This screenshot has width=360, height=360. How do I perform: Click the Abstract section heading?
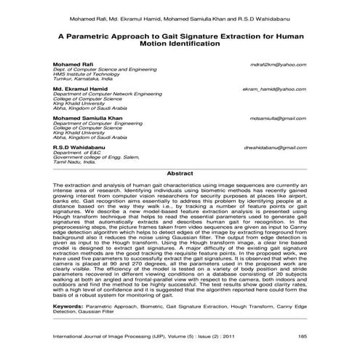[x=180, y=174]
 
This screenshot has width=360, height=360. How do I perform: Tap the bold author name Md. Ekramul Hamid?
[x=76, y=89]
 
